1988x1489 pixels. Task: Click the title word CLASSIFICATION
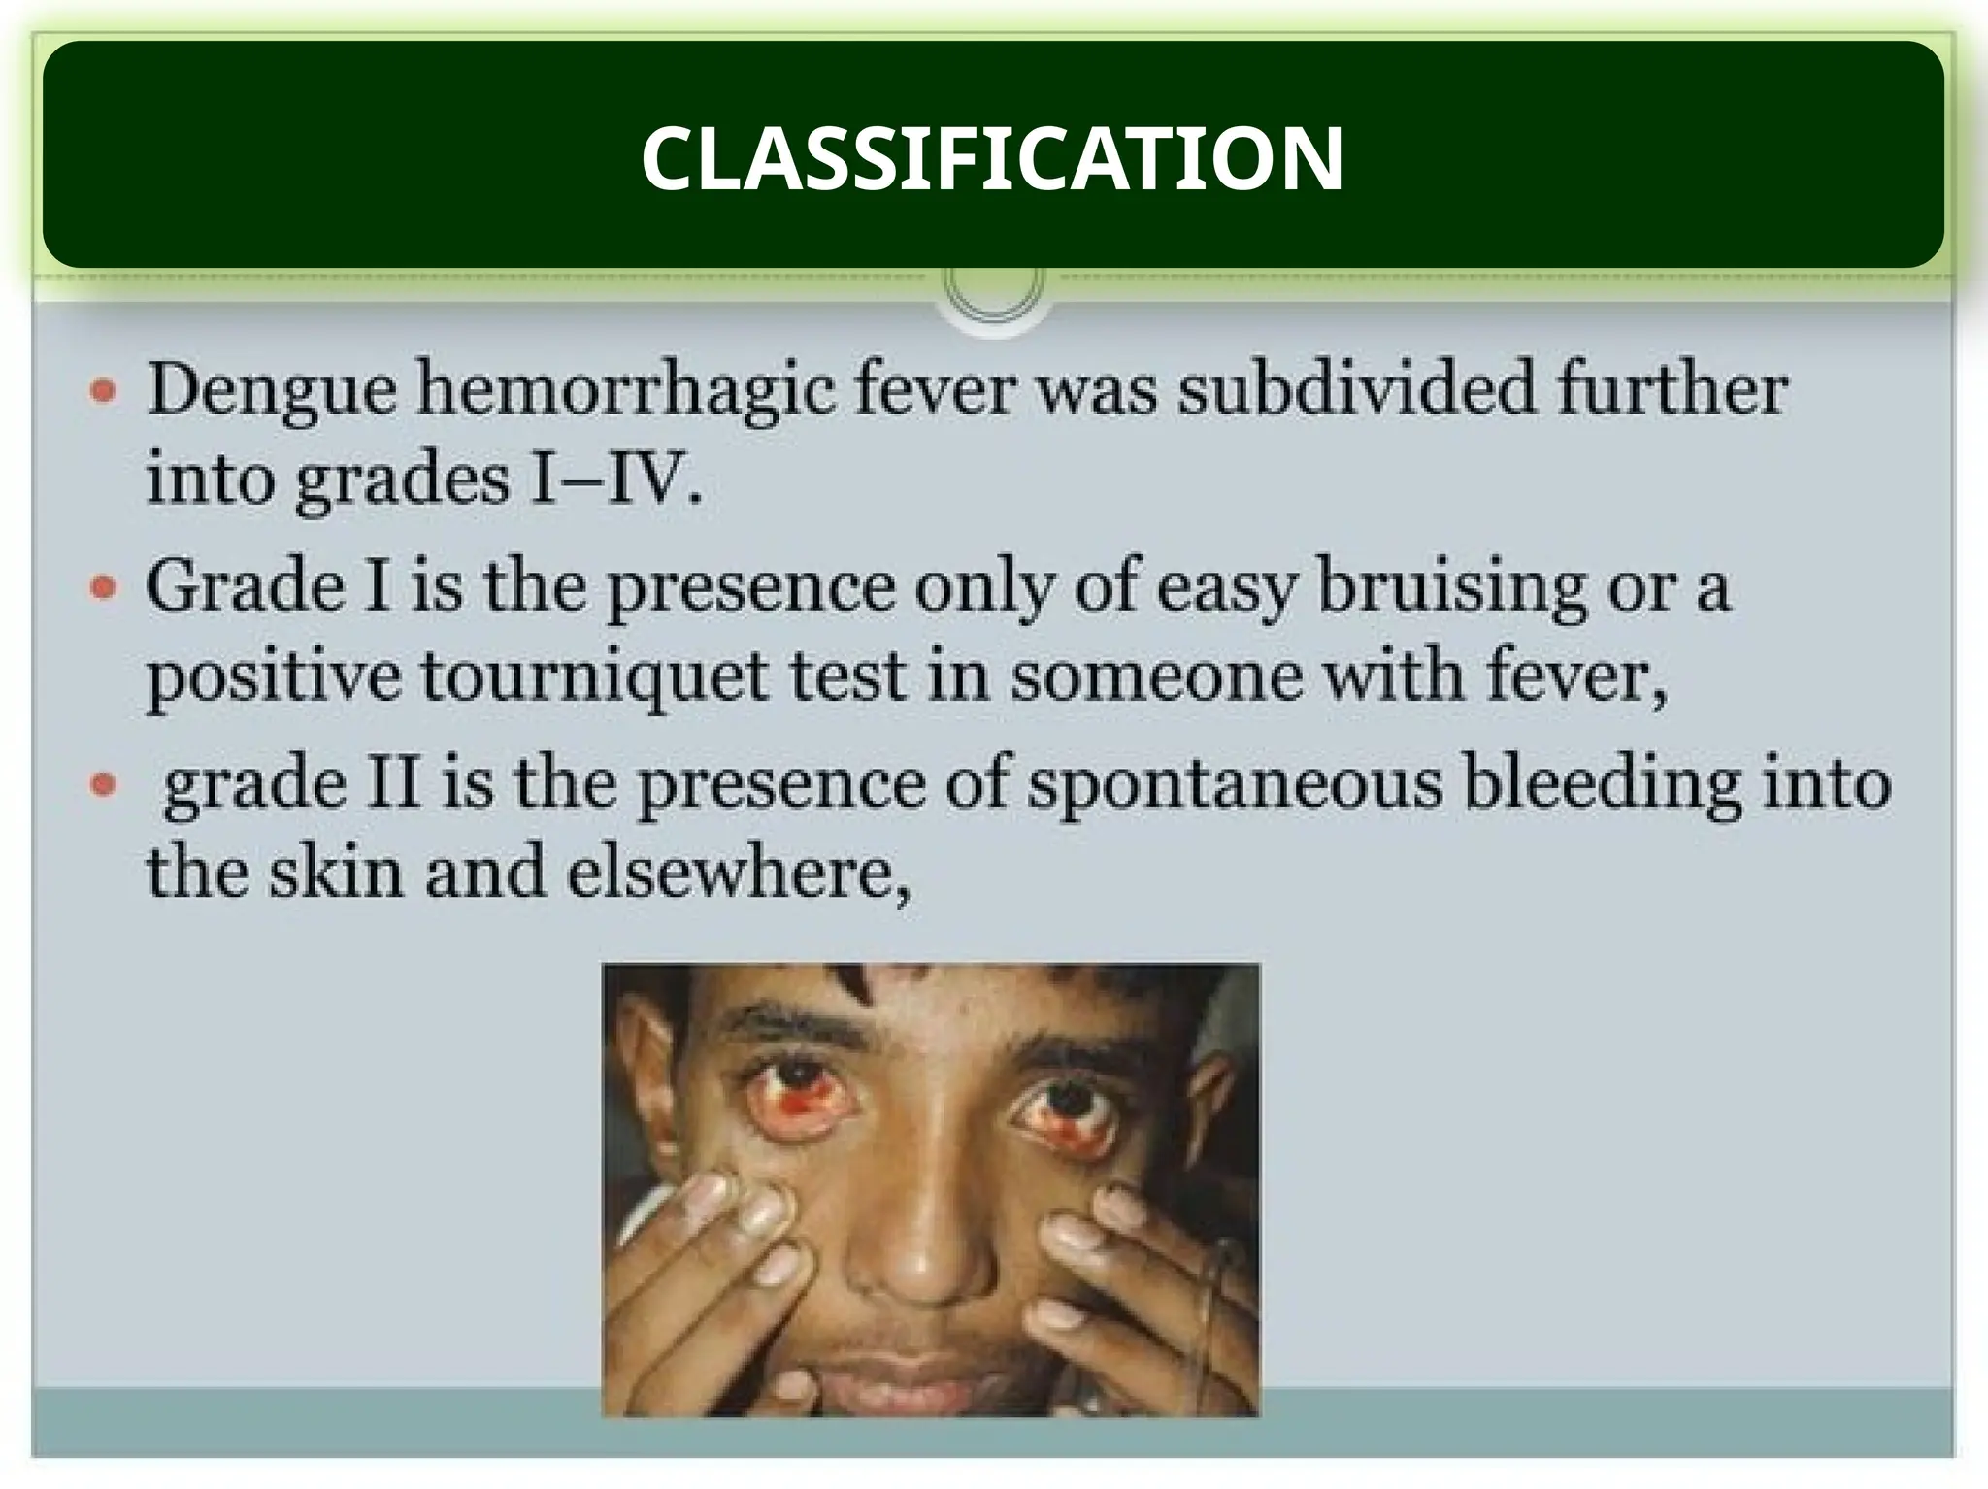pyautogui.click(x=992, y=158)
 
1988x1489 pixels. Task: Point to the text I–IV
pyautogui.click(x=613, y=480)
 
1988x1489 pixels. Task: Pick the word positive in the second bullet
pyautogui.click(x=274, y=677)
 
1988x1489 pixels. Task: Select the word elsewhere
pyautogui.click(x=738, y=872)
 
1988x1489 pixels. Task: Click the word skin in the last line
pyautogui.click(x=336, y=872)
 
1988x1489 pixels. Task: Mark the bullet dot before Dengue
pyautogui.click(x=104, y=392)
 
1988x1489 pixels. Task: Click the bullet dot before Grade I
pyautogui.click(x=104, y=588)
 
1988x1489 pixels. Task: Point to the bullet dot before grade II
pyautogui.click(x=104, y=784)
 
